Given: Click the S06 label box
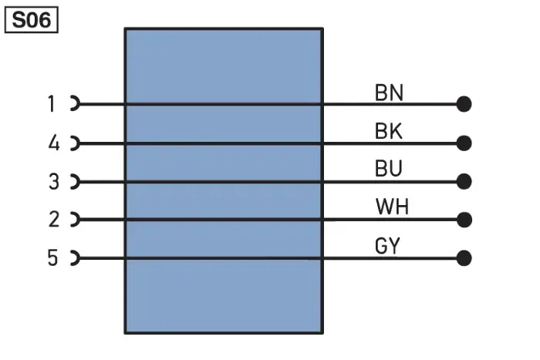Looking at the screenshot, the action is [32, 20].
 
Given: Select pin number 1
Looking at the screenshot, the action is [52, 103].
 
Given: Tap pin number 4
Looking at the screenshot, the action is [54, 143].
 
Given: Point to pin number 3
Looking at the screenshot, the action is [54, 181].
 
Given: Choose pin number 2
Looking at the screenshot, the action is [54, 219].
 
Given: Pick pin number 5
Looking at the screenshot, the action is [52, 257].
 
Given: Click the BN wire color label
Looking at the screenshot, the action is [389, 93].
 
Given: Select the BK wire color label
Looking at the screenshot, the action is [389, 131].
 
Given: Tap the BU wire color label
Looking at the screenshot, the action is [389, 168].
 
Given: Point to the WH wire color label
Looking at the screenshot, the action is [392, 207].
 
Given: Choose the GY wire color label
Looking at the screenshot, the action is [387, 246].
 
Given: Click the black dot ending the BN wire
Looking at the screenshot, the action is [464, 104].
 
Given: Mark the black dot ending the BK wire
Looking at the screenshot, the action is [464, 143].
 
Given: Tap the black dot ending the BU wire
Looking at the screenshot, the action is [464, 182].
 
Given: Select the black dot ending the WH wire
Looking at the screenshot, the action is [464, 220].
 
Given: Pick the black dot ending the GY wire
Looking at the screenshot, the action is [464, 258].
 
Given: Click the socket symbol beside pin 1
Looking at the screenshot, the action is [79, 103].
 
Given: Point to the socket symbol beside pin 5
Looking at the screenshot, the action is [79, 257].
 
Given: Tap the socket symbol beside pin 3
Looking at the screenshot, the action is [79, 181].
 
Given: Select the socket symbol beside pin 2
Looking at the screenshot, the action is [79, 219].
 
